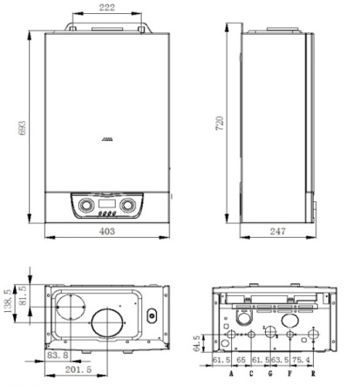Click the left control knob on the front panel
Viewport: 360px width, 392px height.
85,207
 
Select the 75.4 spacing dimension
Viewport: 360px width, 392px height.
299,359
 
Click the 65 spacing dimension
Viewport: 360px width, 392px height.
241,359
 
